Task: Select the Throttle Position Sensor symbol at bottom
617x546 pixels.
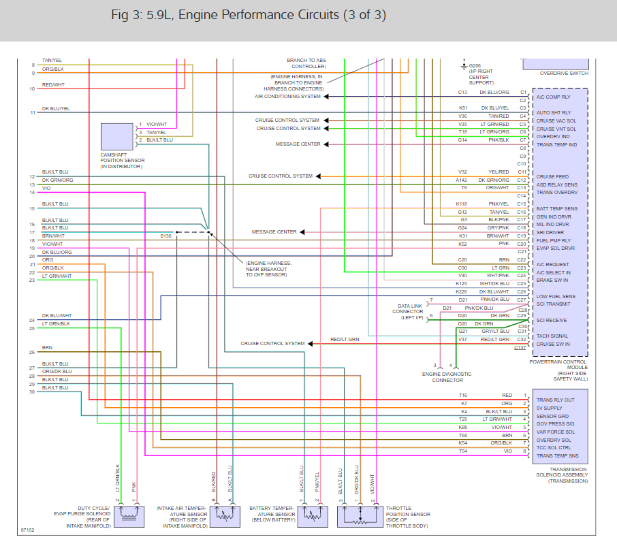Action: pyautogui.click(x=360, y=516)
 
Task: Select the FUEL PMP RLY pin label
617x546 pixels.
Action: pyautogui.click(x=554, y=240)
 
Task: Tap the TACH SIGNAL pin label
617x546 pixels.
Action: pyautogui.click(x=552, y=336)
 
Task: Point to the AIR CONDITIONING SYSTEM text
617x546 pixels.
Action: pyautogui.click(x=287, y=97)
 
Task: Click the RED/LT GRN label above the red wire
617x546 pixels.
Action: pyautogui.click(x=345, y=339)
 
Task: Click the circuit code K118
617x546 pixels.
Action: pyautogui.click(x=462, y=204)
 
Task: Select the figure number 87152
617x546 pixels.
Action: pyautogui.click(x=27, y=529)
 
